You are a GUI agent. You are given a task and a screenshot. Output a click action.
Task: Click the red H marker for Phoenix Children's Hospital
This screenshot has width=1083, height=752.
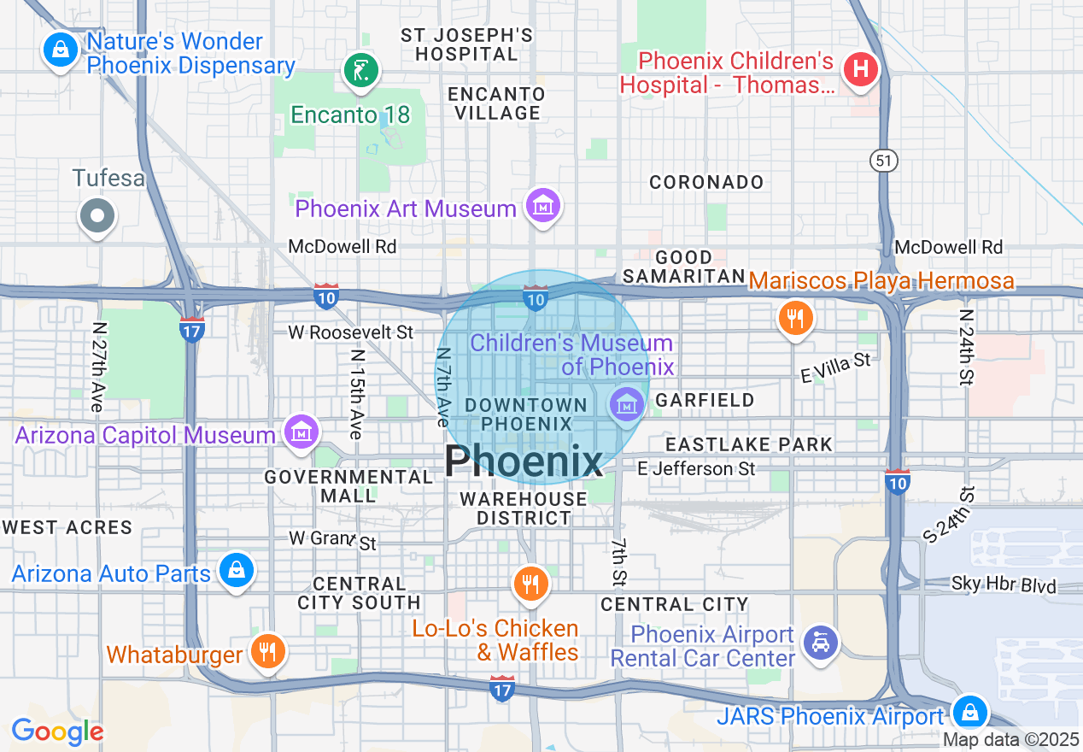[x=861, y=69]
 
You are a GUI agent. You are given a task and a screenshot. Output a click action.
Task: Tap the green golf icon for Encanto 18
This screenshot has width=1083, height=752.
[x=360, y=70]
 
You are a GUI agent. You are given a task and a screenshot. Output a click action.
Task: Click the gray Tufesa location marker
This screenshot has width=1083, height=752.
[x=97, y=215]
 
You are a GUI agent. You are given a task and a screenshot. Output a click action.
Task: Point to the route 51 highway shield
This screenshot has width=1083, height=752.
[x=883, y=160]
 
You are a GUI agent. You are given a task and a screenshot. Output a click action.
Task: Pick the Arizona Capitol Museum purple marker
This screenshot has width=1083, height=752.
[x=301, y=432]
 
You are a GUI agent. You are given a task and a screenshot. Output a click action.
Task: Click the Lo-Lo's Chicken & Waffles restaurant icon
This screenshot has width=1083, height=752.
[x=530, y=585]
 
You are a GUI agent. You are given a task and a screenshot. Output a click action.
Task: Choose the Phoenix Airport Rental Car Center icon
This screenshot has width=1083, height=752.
[x=821, y=642]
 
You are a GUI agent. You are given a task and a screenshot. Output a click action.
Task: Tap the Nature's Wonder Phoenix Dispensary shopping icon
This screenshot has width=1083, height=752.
[x=60, y=50]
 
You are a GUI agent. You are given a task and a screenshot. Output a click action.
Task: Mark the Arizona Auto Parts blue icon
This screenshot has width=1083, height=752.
[x=236, y=570]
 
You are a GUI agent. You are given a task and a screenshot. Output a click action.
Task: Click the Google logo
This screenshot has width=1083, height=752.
[x=56, y=731]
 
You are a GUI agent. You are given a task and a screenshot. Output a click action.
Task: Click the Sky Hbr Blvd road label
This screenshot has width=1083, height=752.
[x=1004, y=585]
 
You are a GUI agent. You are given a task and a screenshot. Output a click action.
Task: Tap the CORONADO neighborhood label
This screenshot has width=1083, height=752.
[x=706, y=182]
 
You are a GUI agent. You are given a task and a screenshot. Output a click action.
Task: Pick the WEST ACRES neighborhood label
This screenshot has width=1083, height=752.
[x=67, y=527]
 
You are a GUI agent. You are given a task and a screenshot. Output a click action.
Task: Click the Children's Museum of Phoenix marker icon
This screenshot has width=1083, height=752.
[x=628, y=403]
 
